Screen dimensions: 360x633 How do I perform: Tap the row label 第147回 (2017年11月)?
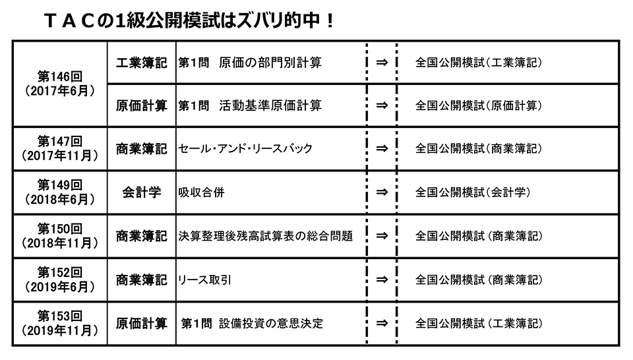tap(60, 148)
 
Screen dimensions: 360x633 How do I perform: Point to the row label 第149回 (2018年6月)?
tap(60, 192)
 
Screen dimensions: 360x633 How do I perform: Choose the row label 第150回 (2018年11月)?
tap(60, 235)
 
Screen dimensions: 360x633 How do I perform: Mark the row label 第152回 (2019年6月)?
tap(60, 279)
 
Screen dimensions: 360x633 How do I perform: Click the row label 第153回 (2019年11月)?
tap(60, 323)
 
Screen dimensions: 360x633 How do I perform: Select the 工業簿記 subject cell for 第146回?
tap(141, 62)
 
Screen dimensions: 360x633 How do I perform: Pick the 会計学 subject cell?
tap(141, 193)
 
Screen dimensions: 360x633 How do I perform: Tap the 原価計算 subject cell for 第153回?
tap(141, 323)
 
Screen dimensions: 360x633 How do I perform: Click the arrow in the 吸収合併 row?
tap(381, 193)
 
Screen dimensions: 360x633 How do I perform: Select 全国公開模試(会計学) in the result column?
tap(473, 193)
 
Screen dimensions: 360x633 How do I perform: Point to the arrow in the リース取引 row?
tap(381, 280)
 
